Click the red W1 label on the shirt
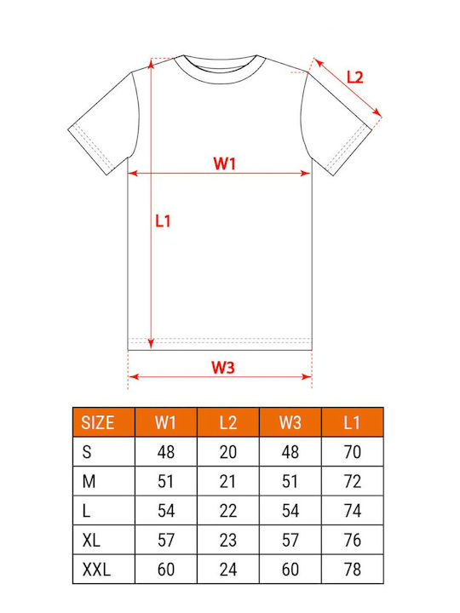click(x=225, y=163)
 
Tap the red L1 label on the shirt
click(x=163, y=221)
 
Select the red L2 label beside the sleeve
click(x=355, y=77)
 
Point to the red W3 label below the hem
click(x=223, y=368)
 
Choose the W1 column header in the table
click(x=165, y=422)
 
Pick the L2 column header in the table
click(x=227, y=422)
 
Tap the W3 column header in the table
click(x=290, y=422)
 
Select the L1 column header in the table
click(x=352, y=422)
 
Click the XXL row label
click(x=96, y=570)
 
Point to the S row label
click(x=87, y=452)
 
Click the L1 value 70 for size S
click(x=352, y=452)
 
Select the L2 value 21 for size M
click(x=227, y=481)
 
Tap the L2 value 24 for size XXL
click(x=228, y=570)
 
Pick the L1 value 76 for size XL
click(x=353, y=540)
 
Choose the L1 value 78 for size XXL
click(x=353, y=570)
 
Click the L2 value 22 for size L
click(x=228, y=511)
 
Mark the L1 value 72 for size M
click(x=353, y=481)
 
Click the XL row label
click(x=91, y=540)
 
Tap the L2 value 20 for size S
click(x=228, y=452)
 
